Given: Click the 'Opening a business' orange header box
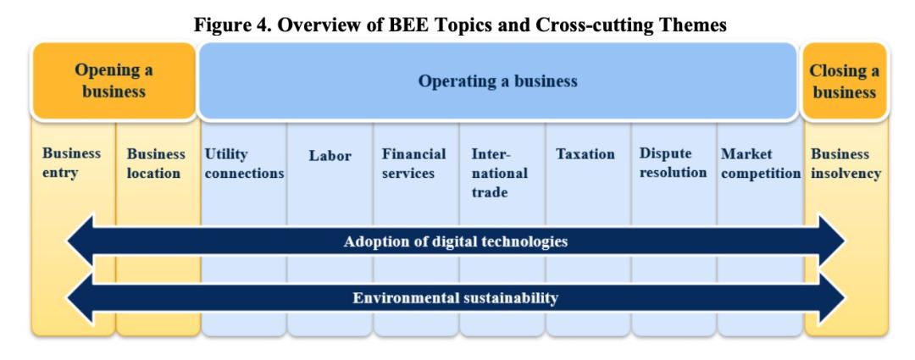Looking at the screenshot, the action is coord(114,81).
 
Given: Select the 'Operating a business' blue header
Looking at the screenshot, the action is coord(498,81).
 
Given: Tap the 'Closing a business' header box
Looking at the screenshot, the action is coord(845,81).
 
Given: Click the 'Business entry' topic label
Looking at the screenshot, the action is coord(71,163).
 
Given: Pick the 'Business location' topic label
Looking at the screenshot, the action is coord(156,163).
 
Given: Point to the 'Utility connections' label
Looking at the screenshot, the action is coord(244,163).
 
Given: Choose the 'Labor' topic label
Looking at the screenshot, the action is coord(330,156).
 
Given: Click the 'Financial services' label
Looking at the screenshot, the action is coord(413,163).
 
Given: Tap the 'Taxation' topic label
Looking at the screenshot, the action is coord(585,154).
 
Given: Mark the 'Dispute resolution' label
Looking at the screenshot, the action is coord(673,163).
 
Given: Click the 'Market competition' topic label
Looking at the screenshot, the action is coord(761,163).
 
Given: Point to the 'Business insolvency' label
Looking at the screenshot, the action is coord(846,164).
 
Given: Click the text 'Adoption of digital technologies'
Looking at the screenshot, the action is coord(456,241).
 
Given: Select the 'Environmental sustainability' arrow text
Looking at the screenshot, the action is coord(455,298).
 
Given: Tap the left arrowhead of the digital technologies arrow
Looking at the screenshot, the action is coord(80,241).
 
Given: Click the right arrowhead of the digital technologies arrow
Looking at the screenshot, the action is coord(832,241).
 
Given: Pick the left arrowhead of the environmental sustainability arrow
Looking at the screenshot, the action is coord(80,298).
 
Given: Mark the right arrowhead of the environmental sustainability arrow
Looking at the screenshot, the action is coord(832,298).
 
